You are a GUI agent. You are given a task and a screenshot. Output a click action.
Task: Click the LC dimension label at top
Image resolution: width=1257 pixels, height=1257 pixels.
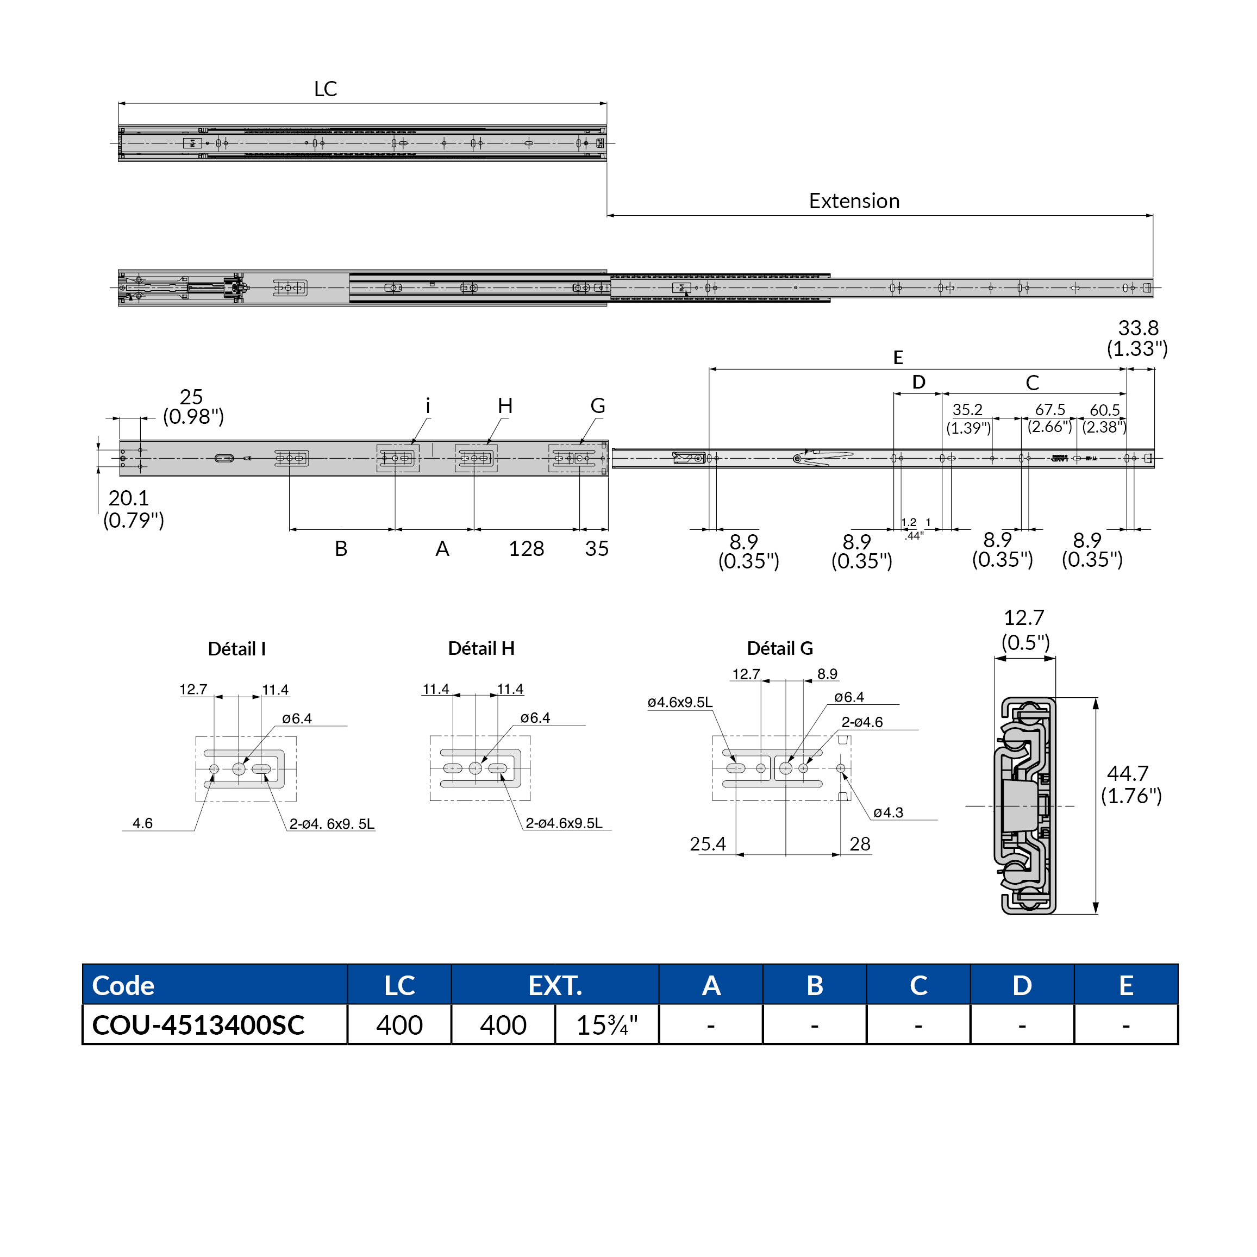pyautogui.click(x=326, y=89)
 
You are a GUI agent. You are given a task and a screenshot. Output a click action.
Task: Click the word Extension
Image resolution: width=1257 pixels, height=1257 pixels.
pyautogui.click(x=854, y=201)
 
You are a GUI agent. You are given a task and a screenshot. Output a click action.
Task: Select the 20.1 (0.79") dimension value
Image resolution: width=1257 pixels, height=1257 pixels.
pyautogui.click(x=133, y=509)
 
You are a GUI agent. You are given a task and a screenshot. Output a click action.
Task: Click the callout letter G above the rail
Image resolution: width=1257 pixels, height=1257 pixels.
pyautogui.click(x=597, y=406)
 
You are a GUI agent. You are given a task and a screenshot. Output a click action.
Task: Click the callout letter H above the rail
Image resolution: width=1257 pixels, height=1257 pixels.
pyautogui.click(x=505, y=406)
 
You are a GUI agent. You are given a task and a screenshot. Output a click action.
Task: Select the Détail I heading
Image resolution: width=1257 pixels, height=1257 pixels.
pyautogui.click(x=237, y=649)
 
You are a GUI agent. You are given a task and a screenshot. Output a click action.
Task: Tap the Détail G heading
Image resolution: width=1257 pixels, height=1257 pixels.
pyautogui.click(x=779, y=648)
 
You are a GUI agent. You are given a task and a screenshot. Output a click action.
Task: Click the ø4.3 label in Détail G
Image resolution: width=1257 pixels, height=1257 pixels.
pyautogui.click(x=888, y=812)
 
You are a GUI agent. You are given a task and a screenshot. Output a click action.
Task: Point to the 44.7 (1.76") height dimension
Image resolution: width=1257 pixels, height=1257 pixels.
pyautogui.click(x=1131, y=784)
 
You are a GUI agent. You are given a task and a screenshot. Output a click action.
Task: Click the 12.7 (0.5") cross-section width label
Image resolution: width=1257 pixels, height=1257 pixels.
pyautogui.click(x=1025, y=630)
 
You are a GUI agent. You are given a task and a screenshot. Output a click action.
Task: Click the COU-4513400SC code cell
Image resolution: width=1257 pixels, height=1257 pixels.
pyautogui.click(x=198, y=1025)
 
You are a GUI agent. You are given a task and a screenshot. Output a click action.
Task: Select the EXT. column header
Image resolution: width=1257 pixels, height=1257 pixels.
pyautogui.click(x=555, y=986)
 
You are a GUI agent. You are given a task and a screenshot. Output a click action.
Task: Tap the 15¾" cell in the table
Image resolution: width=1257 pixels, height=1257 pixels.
pyautogui.click(x=606, y=1025)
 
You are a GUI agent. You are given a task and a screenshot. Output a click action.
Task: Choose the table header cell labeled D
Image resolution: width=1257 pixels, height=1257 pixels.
pyautogui.click(x=1022, y=986)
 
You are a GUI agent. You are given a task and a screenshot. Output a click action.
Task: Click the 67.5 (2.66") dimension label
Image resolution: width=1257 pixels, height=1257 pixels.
pyautogui.click(x=1049, y=418)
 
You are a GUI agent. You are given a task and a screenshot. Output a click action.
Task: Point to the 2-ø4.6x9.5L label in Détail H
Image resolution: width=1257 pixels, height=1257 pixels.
pyautogui.click(x=564, y=823)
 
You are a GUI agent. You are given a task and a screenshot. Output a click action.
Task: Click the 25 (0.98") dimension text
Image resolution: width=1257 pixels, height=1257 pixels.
pyautogui.click(x=192, y=407)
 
